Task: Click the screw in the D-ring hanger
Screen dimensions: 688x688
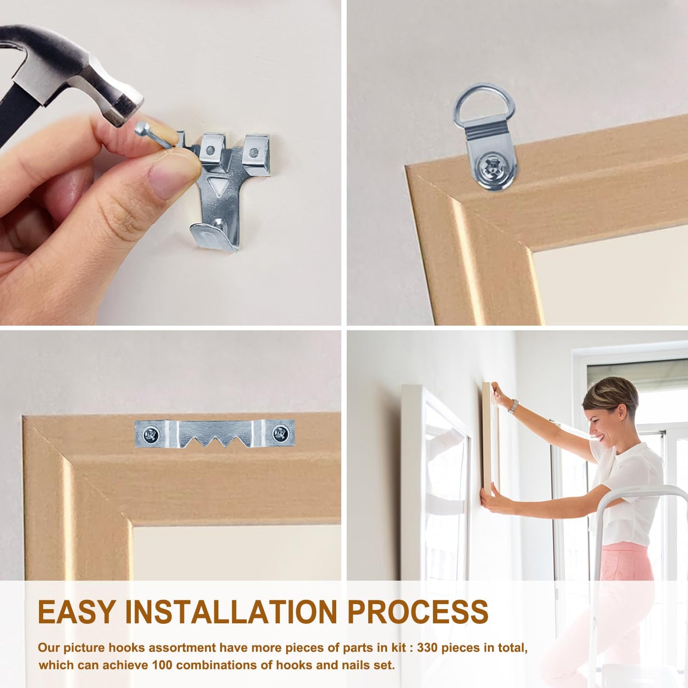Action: click(493, 167)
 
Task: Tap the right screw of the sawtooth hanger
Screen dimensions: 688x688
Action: click(280, 433)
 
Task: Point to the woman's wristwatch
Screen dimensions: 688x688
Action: click(513, 406)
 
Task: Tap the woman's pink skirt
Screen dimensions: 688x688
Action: click(626, 562)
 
